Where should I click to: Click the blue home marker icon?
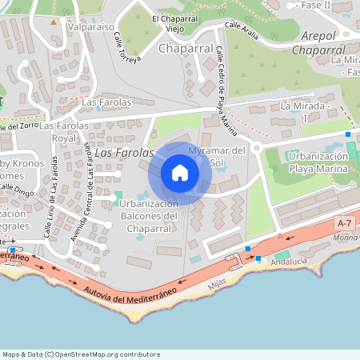point(180,173)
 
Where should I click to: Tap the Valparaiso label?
point(90,26)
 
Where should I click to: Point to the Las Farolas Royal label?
point(64,132)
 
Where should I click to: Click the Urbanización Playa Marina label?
point(318,162)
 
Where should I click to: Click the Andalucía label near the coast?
point(289,262)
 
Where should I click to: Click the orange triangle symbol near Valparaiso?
point(54,22)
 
